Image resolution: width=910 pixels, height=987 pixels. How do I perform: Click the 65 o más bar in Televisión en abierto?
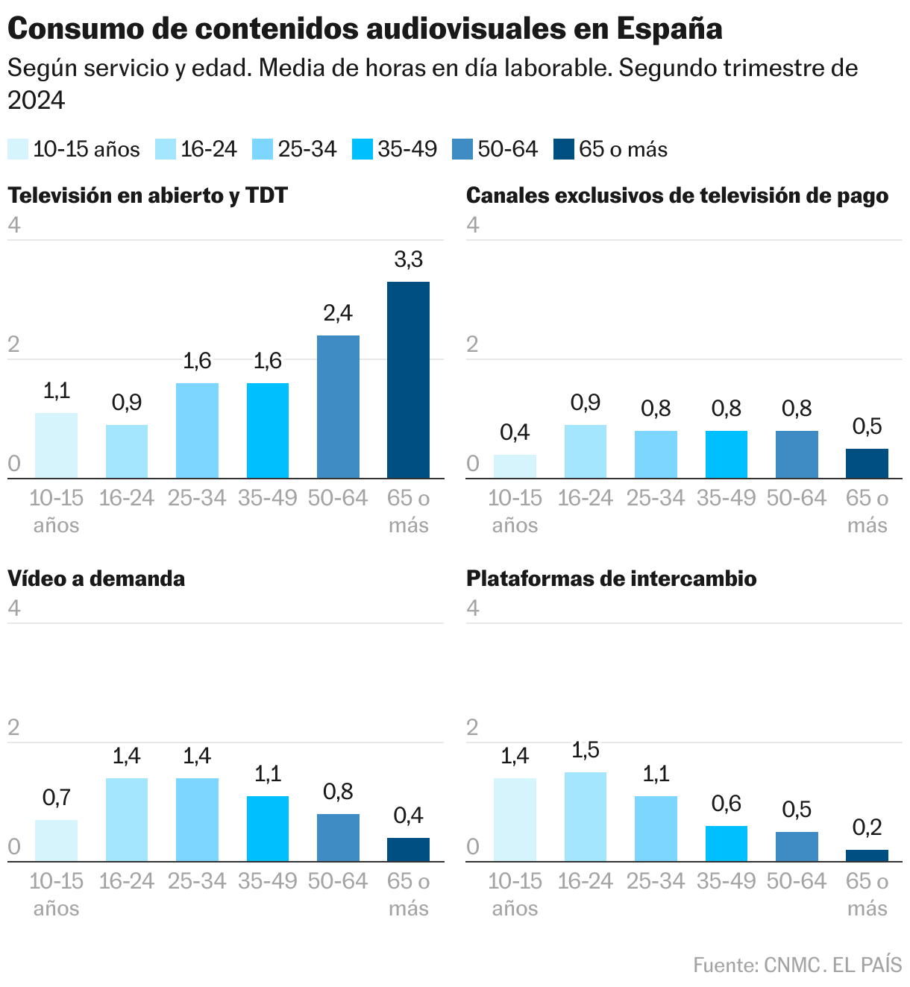(408, 379)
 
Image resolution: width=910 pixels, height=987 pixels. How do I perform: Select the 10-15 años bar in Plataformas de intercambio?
(515, 819)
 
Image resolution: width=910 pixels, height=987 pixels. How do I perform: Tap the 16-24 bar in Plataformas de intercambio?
(585, 816)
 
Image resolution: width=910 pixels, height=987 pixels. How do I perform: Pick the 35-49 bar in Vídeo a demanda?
(268, 828)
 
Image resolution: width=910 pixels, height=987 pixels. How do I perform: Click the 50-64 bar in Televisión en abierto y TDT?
(338, 406)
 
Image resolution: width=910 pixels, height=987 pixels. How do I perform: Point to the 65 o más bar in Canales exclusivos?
(867, 463)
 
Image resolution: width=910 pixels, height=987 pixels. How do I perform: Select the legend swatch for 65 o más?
(564, 149)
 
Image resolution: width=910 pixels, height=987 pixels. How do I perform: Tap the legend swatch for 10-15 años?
(18, 149)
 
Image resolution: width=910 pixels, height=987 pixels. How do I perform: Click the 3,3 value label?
(408, 260)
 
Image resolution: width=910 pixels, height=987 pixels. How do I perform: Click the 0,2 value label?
(867, 827)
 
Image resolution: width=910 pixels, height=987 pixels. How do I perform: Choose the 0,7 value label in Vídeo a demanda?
(56, 798)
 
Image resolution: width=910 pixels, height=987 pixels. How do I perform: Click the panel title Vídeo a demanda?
(96, 578)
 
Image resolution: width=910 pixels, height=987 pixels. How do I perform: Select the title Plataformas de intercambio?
(611, 578)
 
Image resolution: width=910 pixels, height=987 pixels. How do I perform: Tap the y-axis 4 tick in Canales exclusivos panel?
(473, 226)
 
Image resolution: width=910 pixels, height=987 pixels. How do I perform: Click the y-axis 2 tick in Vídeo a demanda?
(13, 728)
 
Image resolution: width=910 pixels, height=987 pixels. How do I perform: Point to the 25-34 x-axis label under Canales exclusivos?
(656, 498)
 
